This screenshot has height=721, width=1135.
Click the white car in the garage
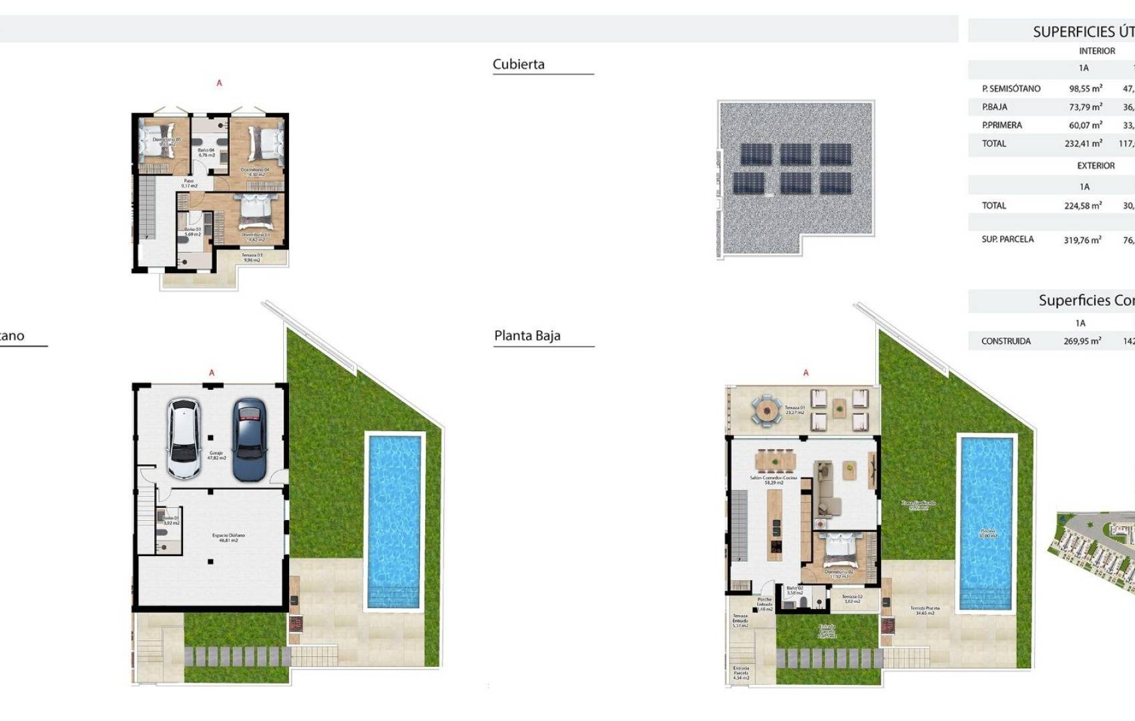click(184, 439)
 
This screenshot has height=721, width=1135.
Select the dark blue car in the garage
click(250, 439)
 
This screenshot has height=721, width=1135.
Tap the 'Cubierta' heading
click(518, 64)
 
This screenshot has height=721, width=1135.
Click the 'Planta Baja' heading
click(527, 336)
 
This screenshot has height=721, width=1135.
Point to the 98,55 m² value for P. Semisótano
click(1085, 88)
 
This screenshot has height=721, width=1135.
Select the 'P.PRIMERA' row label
click(1001, 125)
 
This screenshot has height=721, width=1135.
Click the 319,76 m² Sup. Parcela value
click(1082, 240)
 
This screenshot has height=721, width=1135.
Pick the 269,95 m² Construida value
click(1082, 341)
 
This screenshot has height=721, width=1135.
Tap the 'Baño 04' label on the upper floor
click(206, 152)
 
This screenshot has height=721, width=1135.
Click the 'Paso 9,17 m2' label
click(189, 183)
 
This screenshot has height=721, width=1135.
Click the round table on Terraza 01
click(767, 410)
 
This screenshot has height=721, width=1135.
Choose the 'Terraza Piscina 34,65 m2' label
click(925, 610)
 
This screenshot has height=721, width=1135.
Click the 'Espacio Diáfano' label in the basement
click(228, 537)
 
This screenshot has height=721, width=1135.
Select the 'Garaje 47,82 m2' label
click(217, 455)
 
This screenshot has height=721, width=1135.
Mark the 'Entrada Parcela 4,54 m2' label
click(740, 672)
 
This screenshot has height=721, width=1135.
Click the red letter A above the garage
click(212, 373)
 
